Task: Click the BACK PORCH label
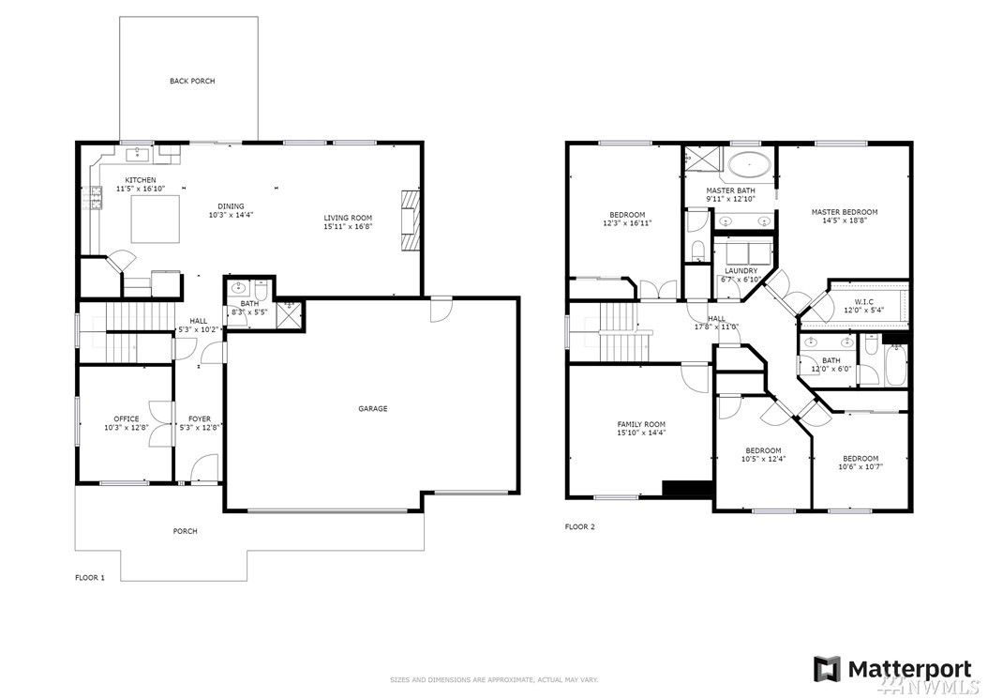point(192,81)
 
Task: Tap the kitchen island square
point(155,219)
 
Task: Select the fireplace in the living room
point(410,220)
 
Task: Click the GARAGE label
point(373,409)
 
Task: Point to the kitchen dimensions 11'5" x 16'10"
point(141,189)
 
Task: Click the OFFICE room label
point(126,418)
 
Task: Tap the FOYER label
point(200,418)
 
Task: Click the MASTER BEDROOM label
point(845,212)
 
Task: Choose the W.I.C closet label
point(864,301)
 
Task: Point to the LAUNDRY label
point(741,270)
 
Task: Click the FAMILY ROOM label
point(641,425)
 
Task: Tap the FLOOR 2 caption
point(579,526)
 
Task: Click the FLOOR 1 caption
point(90,577)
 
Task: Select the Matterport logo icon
point(827,669)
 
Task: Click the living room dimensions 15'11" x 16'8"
point(349,226)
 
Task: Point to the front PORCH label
point(186,531)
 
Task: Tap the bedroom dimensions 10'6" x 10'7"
point(861,467)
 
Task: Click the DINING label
point(231,206)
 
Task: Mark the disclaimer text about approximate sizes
point(494,680)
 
